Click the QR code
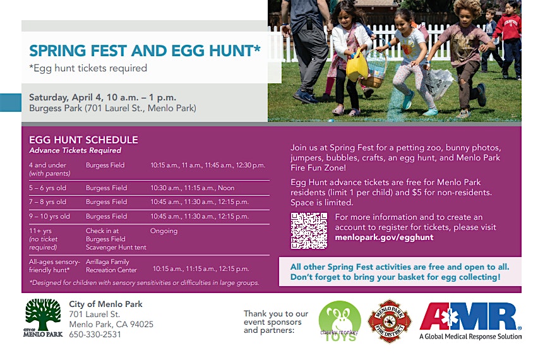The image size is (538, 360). coord(309,230)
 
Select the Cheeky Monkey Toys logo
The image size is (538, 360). coord(339,321)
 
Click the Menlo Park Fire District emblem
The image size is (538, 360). coord(390,321)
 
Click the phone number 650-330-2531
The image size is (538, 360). coord(96,335)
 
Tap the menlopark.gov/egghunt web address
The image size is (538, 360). coord(384,237)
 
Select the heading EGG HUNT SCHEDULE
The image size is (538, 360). coord(83,140)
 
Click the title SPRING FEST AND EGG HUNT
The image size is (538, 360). coord(145,51)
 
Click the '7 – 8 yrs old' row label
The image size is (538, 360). coord(48,202)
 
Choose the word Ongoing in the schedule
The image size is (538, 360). coord(164,231)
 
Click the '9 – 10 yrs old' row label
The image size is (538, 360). coord(49,217)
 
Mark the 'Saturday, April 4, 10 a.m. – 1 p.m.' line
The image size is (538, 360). coord(102,97)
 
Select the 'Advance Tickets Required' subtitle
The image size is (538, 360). coord(75,150)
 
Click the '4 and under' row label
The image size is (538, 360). coord(48,165)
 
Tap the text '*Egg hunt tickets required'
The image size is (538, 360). coord(88,68)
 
